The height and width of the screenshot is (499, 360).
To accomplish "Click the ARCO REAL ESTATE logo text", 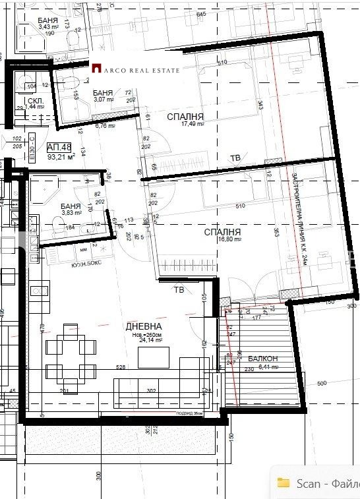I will (x=140, y=69).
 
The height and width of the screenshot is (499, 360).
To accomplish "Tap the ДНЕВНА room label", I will (x=144, y=326).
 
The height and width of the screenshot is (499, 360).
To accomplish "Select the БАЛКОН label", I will (x=262, y=359).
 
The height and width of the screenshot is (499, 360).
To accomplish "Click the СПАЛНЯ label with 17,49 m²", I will (x=185, y=117).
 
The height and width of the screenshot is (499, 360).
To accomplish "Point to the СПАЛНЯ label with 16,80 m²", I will (x=222, y=233).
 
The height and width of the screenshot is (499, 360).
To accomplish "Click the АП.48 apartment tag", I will (x=59, y=148).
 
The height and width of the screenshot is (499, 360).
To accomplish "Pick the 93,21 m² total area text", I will (x=61, y=158).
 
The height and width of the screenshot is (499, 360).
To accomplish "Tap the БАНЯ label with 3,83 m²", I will (x=70, y=205).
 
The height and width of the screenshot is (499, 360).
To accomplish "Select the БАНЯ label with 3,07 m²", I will (x=102, y=92).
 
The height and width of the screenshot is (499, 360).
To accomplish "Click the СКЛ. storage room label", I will (x=36, y=100).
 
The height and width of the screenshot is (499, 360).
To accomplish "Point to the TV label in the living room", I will (x=179, y=289).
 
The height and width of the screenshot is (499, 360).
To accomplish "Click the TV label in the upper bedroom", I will (x=235, y=158).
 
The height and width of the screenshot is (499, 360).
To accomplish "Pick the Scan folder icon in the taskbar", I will (x=284, y=483).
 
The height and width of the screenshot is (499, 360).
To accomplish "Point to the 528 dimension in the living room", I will (x=121, y=367).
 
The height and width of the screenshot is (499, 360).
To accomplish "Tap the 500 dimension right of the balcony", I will (x=322, y=383).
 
